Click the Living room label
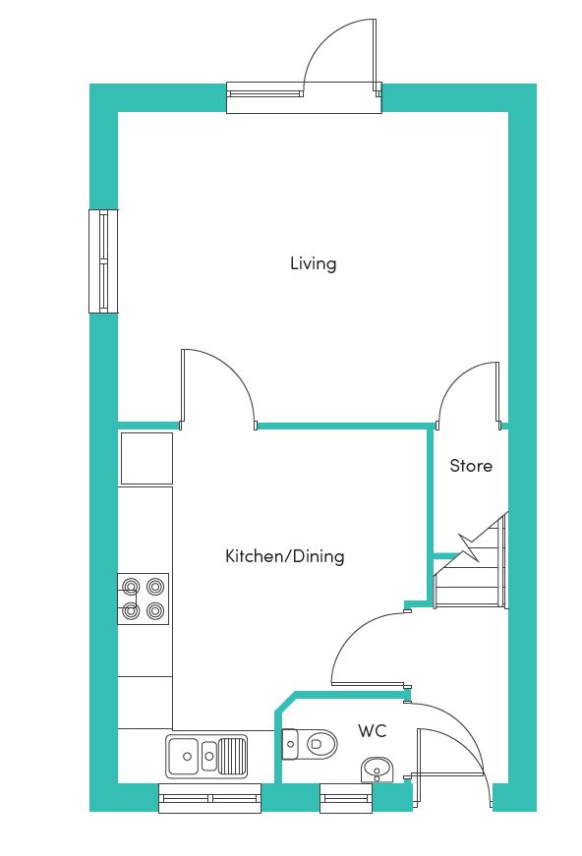[313, 264]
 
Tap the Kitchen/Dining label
[284, 556]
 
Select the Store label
[471, 466]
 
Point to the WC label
[373, 730]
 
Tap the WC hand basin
[377, 770]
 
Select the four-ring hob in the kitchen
[144, 599]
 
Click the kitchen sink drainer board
[232, 756]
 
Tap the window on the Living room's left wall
[103, 261]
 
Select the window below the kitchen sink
[210, 798]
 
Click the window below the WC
[346, 798]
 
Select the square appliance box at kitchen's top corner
[146, 459]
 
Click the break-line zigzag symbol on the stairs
[470, 547]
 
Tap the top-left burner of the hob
[131, 587]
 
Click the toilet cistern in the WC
[290, 744]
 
